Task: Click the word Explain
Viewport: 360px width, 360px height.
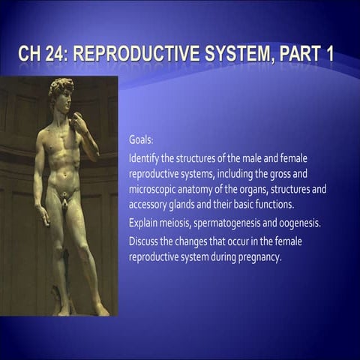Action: coord(144,223)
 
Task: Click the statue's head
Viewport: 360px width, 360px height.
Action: coord(61,93)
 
